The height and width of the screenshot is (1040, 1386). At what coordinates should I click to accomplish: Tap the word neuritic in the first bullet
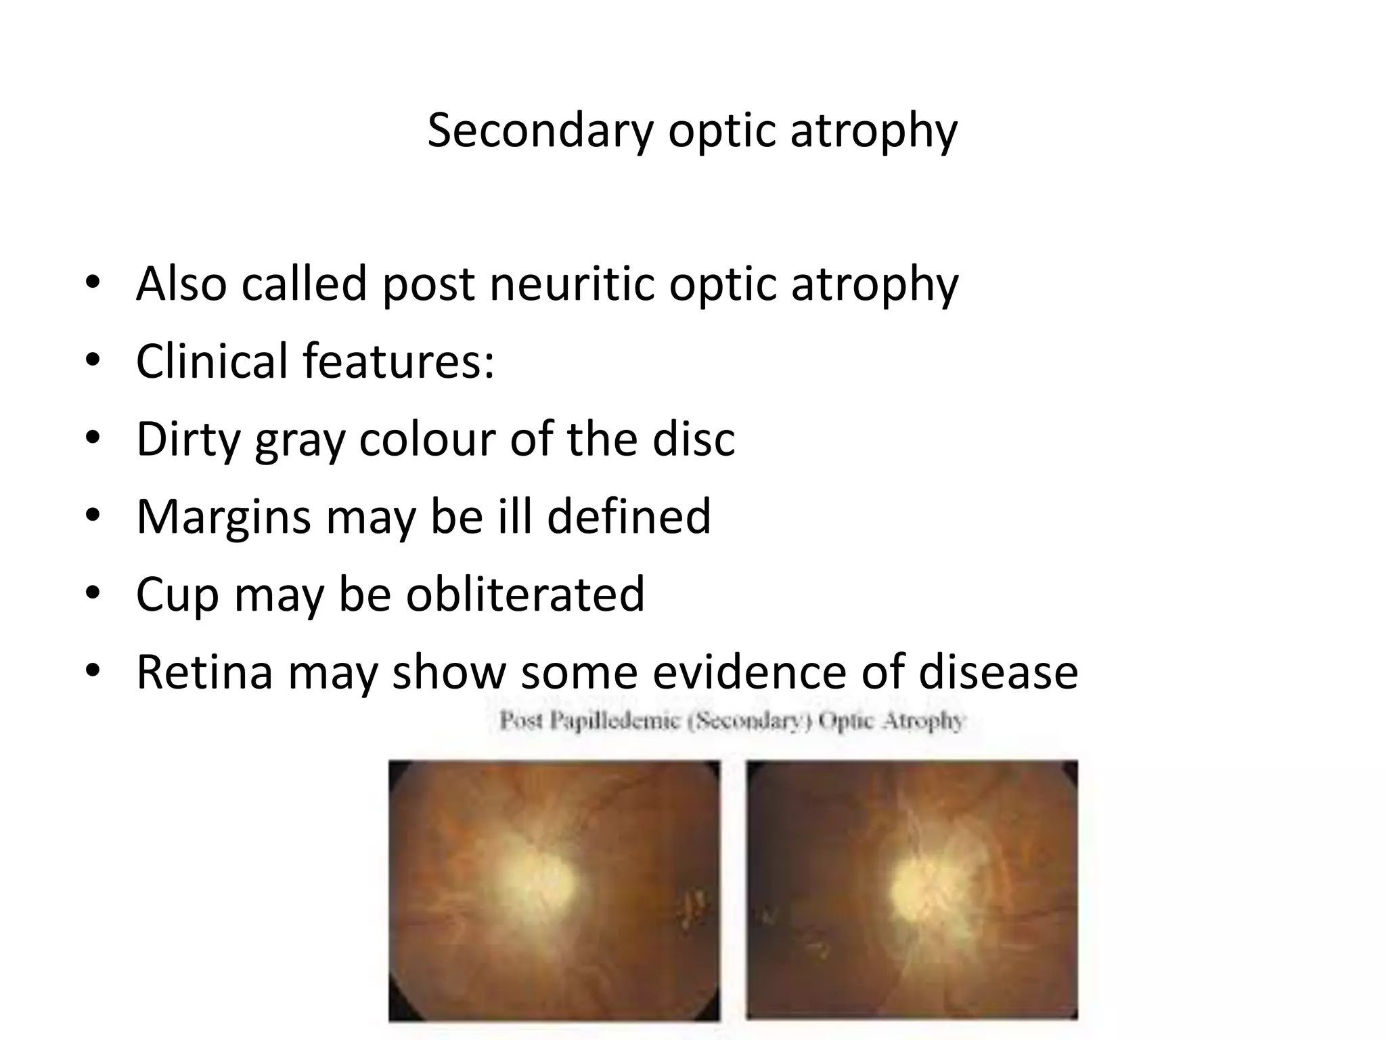pos(572,284)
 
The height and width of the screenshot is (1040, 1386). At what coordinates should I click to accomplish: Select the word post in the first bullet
pos(428,285)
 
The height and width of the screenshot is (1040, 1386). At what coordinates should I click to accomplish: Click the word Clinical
pos(213,361)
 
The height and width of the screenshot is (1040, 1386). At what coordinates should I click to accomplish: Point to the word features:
pos(399,361)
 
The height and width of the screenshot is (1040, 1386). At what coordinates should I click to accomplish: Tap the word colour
pos(427,439)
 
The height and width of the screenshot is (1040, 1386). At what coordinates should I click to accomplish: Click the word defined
pos(629,517)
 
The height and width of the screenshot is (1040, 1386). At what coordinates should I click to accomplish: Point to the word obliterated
pos(525,594)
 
